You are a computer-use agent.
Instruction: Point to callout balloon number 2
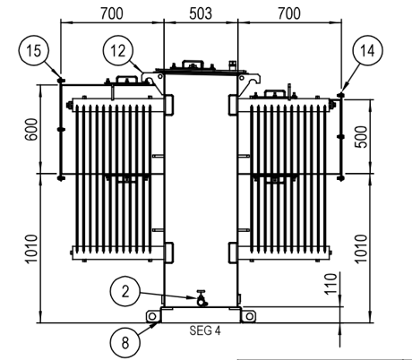(x=125, y=291)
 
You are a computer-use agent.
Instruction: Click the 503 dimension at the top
(x=200, y=12)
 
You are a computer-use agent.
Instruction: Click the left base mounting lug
(x=151, y=314)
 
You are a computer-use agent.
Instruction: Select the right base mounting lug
(x=248, y=314)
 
